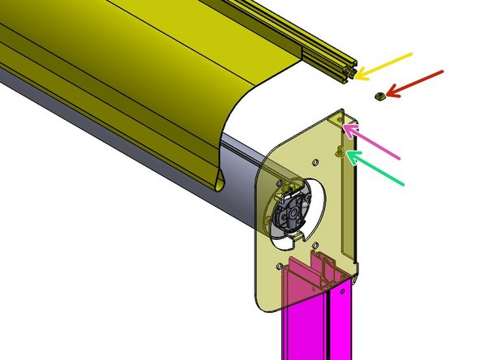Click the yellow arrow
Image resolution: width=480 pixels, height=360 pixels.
(385, 66)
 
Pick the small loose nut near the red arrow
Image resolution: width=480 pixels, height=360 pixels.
(378, 96)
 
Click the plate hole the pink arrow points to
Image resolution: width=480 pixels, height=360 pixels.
(340, 122)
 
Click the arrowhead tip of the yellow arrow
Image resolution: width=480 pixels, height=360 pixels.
(358, 78)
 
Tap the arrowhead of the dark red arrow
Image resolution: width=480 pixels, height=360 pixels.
(387, 96)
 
